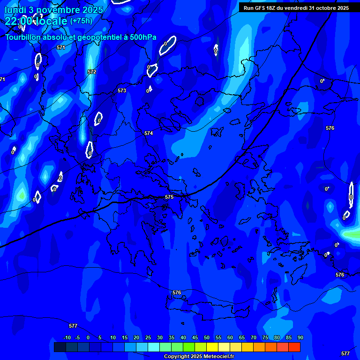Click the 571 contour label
60,47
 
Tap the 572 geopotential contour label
92,72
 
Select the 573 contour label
122,90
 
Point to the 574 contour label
149,133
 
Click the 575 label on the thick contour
169,197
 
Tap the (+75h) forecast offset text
81,21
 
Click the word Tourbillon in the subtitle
23,37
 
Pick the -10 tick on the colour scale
67,337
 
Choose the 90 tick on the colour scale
300,337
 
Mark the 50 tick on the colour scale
207,337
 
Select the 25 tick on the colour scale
148,337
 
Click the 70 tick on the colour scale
254,337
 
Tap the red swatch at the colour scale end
294,347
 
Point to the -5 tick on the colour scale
77,337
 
